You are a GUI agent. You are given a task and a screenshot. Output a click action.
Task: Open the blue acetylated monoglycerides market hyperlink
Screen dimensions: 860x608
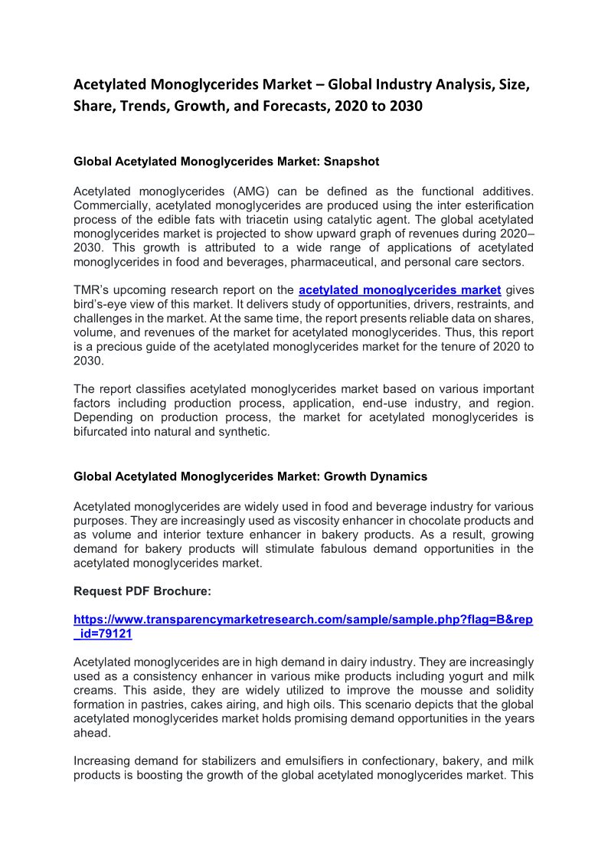coord(400,289)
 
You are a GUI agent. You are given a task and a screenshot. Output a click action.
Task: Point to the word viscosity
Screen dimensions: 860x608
coord(315,521)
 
